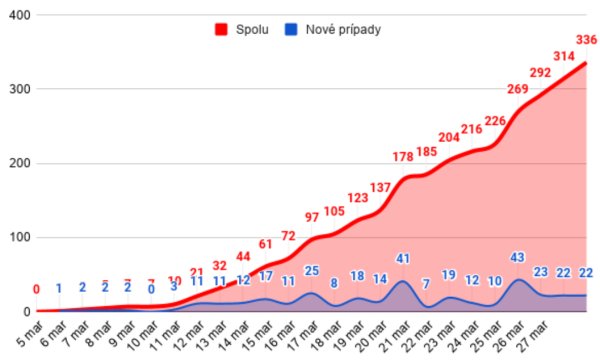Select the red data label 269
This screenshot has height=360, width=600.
[518, 90]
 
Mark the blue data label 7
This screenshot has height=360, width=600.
[426, 284]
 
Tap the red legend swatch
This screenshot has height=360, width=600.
[222, 29]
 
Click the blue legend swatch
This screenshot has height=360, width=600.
[297, 29]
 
